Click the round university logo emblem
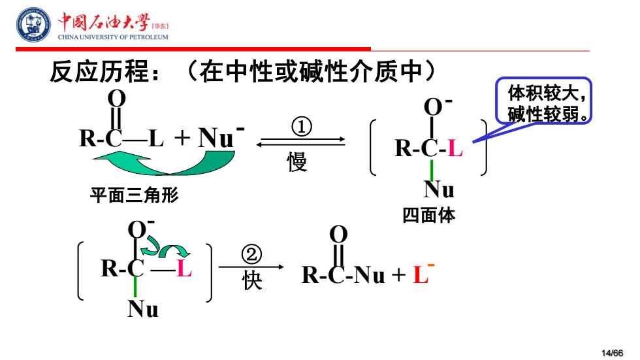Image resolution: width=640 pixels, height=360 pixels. [34, 24]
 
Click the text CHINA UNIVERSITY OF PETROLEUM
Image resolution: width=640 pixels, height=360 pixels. [112, 37]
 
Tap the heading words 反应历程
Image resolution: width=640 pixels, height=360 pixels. [99, 72]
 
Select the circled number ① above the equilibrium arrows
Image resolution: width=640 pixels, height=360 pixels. [302, 127]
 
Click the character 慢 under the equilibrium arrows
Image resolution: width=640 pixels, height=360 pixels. [297, 161]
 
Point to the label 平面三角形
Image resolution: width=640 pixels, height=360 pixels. [135, 195]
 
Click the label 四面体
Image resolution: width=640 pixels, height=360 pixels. [428, 215]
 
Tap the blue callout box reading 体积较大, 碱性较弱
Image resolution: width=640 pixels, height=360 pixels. [543, 101]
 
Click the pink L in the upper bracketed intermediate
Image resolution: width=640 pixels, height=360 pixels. [455, 148]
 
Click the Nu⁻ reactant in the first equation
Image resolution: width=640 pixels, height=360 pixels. [221, 137]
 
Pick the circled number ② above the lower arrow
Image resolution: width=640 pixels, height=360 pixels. [251, 254]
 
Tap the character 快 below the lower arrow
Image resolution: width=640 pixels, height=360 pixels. [252, 280]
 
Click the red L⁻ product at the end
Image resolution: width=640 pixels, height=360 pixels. [423, 274]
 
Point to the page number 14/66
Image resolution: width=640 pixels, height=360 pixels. [613, 353]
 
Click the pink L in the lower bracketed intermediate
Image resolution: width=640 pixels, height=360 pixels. [184, 269]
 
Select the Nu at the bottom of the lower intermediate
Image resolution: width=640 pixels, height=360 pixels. [143, 309]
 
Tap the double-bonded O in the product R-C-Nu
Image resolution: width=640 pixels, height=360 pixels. [338, 235]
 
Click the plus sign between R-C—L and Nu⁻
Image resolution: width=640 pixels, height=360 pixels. [182, 138]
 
